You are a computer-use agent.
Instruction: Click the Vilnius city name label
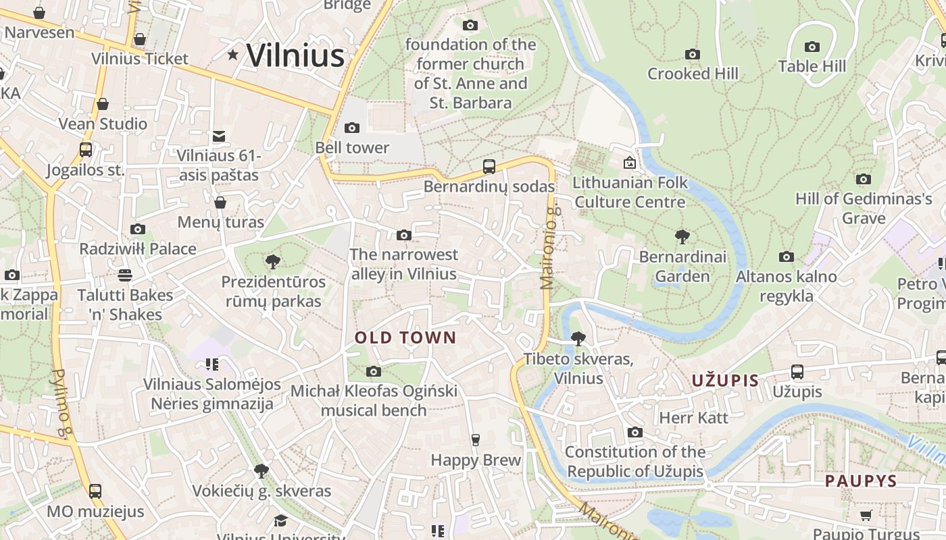(x=295, y=55)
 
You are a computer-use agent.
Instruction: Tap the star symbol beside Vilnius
(x=233, y=55)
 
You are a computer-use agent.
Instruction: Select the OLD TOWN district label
(x=405, y=337)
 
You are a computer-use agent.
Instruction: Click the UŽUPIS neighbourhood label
(x=725, y=380)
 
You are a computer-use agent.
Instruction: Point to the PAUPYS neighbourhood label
(x=860, y=481)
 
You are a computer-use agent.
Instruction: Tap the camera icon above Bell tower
(x=351, y=128)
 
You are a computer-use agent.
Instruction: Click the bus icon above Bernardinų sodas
(x=489, y=166)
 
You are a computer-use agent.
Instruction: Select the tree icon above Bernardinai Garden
(x=682, y=237)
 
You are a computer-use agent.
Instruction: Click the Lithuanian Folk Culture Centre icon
(x=630, y=163)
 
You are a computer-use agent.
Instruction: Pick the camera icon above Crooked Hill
(x=693, y=54)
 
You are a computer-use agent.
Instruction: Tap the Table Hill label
(x=812, y=66)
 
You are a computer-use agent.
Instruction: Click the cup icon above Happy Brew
(x=476, y=440)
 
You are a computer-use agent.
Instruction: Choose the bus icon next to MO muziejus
(x=95, y=491)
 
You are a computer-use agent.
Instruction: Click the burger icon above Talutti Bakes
(x=125, y=275)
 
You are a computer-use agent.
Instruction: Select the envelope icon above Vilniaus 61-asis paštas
(x=219, y=136)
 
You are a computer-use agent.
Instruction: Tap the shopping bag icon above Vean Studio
(x=103, y=104)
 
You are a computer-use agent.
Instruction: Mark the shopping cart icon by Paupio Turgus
(x=866, y=516)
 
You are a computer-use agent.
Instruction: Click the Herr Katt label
(x=693, y=418)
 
